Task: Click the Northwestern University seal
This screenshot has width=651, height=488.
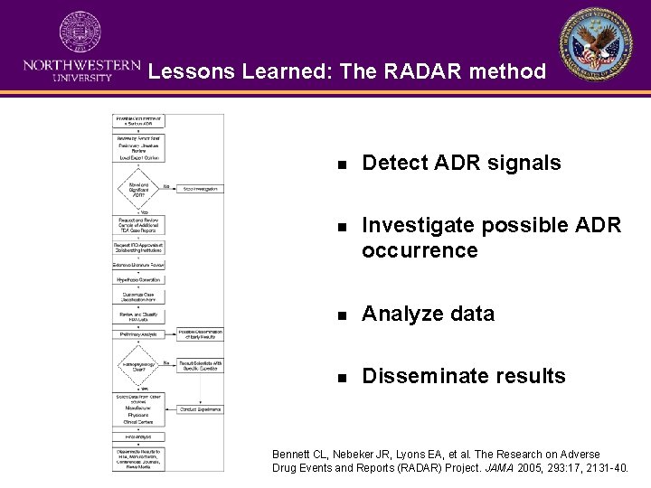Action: (80, 33)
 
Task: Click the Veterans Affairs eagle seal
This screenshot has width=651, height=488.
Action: (596, 45)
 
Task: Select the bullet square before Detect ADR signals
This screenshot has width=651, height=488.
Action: (341, 164)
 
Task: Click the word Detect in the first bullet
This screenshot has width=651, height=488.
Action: (391, 163)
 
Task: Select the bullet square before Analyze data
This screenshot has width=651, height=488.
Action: (341, 315)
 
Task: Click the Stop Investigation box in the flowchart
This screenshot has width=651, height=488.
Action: (200, 189)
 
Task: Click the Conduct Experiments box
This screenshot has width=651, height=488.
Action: (200, 409)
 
